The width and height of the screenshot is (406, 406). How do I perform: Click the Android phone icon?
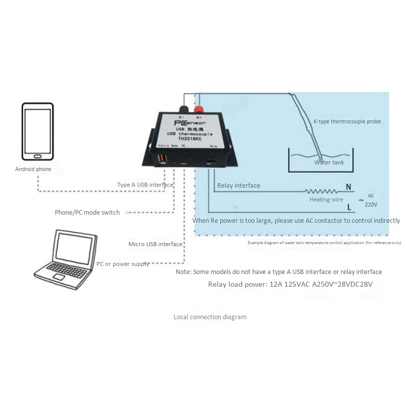(38, 131)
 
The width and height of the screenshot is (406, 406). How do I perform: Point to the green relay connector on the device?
(212, 162)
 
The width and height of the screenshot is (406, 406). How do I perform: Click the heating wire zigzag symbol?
(320, 191)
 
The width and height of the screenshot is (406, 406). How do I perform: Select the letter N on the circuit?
(348, 187)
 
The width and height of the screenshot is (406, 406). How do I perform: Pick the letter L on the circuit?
(349, 207)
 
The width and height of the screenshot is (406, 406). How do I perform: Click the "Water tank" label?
(329, 162)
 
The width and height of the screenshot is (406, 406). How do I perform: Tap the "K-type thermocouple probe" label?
(347, 121)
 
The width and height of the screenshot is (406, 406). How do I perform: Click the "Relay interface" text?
(239, 186)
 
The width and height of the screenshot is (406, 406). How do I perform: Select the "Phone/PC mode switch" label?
(87, 212)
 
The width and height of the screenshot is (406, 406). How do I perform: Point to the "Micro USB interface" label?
(155, 244)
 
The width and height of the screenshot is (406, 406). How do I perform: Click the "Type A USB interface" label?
(145, 185)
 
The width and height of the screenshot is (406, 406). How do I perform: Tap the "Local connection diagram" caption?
(210, 317)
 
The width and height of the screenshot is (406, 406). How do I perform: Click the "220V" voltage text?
(371, 204)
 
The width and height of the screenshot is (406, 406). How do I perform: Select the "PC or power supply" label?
(123, 264)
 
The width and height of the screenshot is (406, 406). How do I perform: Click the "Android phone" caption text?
(33, 169)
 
